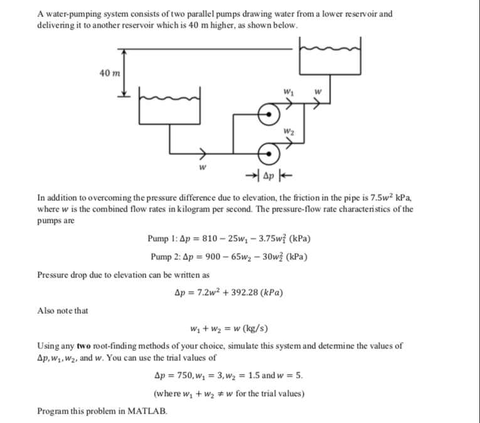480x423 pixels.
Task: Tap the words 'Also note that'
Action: tap(63, 311)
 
